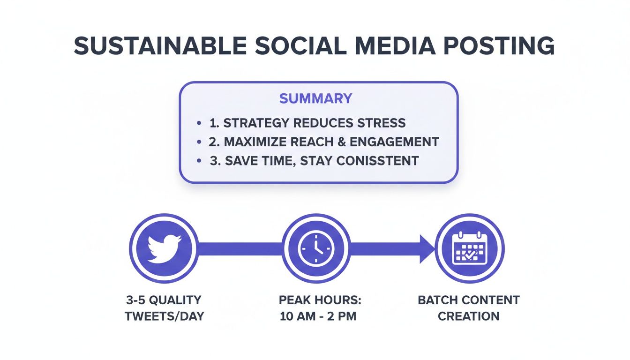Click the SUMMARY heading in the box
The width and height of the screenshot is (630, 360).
(x=315, y=98)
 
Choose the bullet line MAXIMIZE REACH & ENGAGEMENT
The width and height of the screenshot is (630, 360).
(x=323, y=142)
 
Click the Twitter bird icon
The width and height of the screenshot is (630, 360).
(x=163, y=248)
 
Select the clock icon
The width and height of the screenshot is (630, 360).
(x=316, y=248)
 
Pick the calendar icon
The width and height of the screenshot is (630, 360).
(x=469, y=248)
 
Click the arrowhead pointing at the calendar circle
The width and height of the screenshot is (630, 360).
(x=427, y=248)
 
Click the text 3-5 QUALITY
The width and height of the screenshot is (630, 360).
(x=164, y=300)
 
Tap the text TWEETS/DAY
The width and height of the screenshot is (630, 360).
(x=164, y=316)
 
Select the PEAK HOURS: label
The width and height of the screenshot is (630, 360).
(x=318, y=300)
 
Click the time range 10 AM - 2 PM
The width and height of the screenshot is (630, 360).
(x=318, y=316)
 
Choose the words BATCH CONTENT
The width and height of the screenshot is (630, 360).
(x=469, y=300)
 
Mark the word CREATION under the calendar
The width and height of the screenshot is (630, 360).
(x=469, y=316)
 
